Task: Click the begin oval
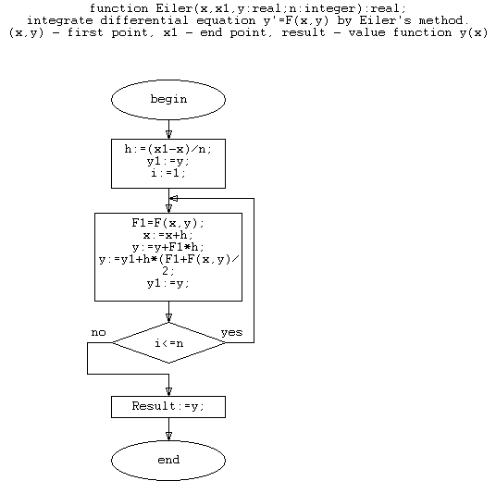tap(168, 100)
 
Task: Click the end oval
tap(168, 460)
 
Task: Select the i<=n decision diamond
tap(168, 343)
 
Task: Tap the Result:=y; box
tap(168, 407)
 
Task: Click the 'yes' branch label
tap(232, 333)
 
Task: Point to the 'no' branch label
tap(98, 333)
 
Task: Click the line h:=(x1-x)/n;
tap(168, 149)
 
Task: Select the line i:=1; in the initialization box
tap(168, 173)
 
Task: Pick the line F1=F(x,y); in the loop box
tap(168, 223)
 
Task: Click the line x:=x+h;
tap(168, 235)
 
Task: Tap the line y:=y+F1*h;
tap(168, 247)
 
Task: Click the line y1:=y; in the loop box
tap(168, 283)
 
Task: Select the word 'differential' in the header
tap(144, 20)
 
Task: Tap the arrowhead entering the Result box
tap(169, 392)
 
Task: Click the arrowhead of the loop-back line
tap(174, 198)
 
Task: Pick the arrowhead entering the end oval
tap(169, 437)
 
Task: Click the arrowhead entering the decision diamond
tap(169, 318)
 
